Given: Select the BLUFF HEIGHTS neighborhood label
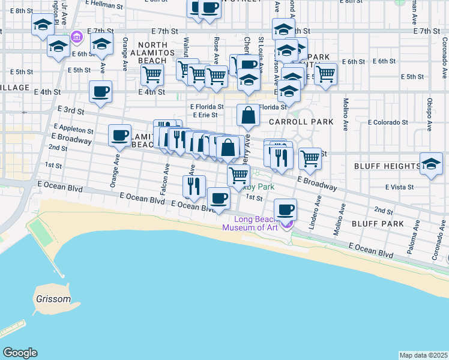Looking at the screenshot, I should [x=387, y=166].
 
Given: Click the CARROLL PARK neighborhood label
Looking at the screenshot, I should [x=301, y=122].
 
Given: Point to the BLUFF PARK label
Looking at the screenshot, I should [x=388, y=224].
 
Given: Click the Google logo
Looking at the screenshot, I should [x=20, y=353].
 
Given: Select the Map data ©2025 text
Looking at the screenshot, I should [x=423, y=355].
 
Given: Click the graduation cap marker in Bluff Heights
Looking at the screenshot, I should [x=432, y=163].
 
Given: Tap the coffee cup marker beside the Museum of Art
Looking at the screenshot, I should [x=286, y=210].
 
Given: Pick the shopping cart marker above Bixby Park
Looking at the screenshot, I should [x=239, y=175].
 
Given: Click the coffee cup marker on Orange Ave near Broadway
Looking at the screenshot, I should [x=120, y=134].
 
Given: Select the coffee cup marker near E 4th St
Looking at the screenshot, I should [x=100, y=92].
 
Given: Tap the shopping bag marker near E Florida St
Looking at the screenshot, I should [x=248, y=114].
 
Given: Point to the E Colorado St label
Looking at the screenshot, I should [x=388, y=122].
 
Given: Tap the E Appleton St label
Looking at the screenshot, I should [x=73, y=129].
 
